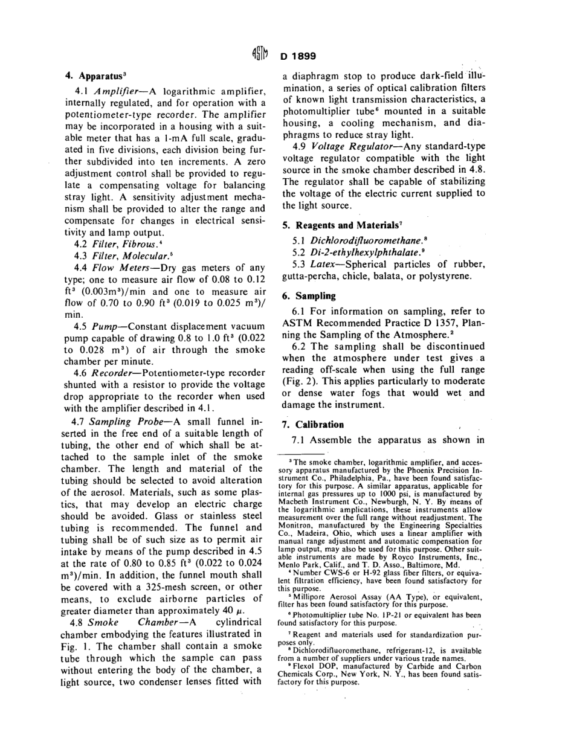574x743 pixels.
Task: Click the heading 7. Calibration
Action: point(312,424)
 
